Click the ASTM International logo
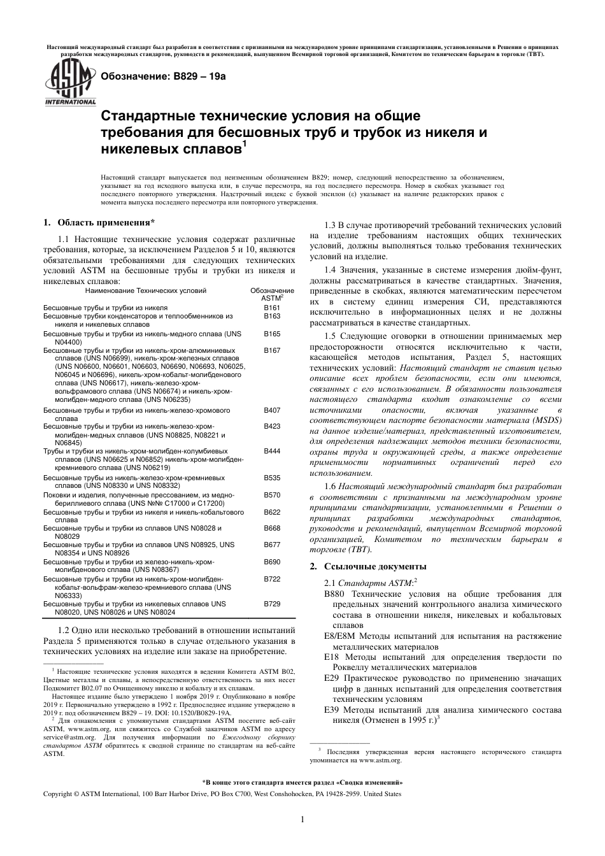pos(69,83)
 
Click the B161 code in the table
pos(272,308)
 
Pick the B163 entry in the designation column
pos(272,316)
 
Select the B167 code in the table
pos(272,350)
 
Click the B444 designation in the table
pos(272,450)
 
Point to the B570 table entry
pos(272,495)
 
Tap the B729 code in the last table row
pos(272,603)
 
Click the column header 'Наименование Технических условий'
pos(146,290)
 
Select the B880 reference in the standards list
pos(335,594)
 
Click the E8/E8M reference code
pos(339,636)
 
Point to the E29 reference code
pos(332,678)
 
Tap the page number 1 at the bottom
pos(302,819)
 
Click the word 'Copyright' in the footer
pos(57,794)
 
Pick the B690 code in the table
pos(272,562)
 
